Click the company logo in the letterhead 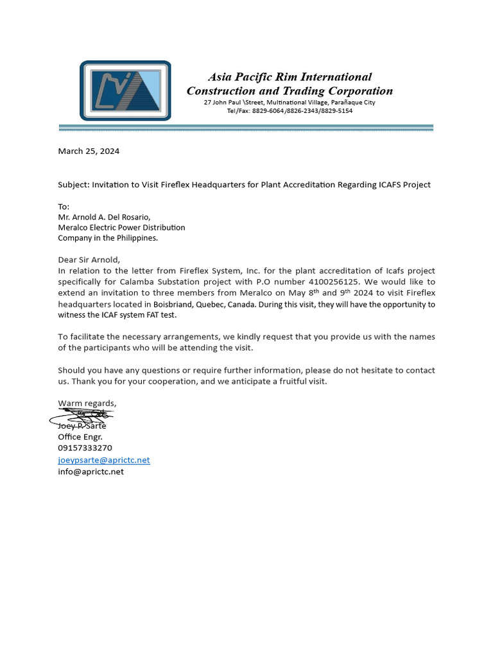point(125,90)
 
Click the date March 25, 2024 point(89,151)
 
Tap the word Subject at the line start point(73,185)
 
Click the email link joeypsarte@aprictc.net point(104,460)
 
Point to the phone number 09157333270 point(85,448)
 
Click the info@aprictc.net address point(91,472)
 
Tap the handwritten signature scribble point(82,417)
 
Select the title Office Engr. point(80,437)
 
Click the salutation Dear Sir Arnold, point(89,260)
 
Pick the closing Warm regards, point(87,404)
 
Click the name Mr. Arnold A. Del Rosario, point(104,217)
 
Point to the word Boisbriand point(174,304)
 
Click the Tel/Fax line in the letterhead point(290,111)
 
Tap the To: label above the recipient point(64,207)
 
